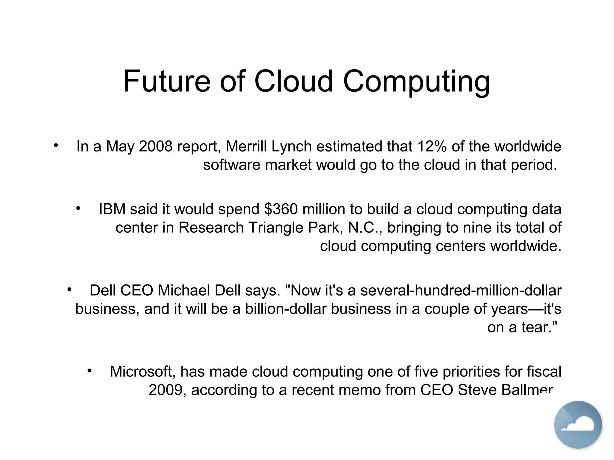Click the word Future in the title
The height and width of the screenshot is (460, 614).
[167, 81]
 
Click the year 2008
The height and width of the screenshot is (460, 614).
[156, 146]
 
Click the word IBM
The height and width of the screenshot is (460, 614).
[112, 209]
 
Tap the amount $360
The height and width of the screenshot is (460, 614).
[281, 209]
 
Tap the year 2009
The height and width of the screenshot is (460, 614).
[167, 390]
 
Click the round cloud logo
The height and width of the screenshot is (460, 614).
[578, 424]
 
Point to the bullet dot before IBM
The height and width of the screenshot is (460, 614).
[79, 208]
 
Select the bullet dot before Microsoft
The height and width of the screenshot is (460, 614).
[89, 371]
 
